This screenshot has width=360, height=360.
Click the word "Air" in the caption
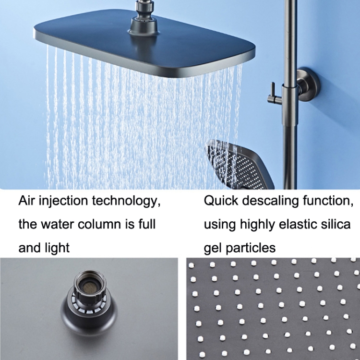point(26,201)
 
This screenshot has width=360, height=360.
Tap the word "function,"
point(328,201)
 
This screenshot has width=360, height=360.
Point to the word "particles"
point(251,249)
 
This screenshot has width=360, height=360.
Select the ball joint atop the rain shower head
point(144,18)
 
